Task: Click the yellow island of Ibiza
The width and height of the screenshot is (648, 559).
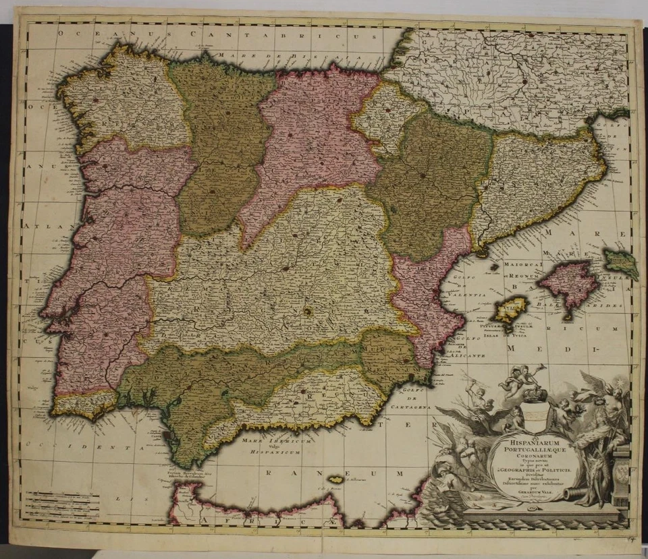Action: (510, 310)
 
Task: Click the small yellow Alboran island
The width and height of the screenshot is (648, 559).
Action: (335, 479)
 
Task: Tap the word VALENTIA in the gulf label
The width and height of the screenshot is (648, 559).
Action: (464, 295)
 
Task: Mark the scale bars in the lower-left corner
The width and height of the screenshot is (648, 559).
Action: (61, 502)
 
